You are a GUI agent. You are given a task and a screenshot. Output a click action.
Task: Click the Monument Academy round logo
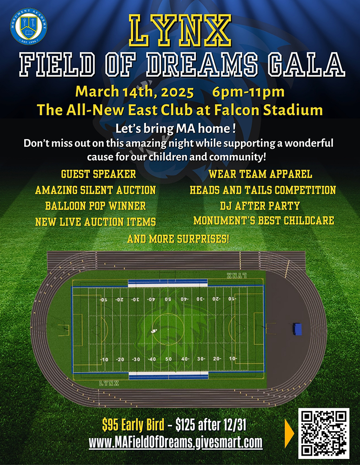tap(28, 27)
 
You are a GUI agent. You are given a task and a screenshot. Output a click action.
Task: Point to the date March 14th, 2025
tap(134, 92)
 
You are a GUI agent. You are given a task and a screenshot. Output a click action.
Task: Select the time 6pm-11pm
tap(248, 92)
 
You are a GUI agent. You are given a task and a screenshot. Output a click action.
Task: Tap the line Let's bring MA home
tap(175, 129)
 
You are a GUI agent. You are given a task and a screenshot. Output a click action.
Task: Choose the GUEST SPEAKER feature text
tap(99, 174)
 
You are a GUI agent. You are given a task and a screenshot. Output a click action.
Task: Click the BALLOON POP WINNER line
tap(95, 206)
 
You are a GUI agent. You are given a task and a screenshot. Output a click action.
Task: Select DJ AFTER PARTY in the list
tap(260, 206)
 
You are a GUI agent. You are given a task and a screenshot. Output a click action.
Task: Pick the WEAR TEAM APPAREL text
tap(260, 174)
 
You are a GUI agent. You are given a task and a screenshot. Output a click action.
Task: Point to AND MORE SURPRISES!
tap(178, 239)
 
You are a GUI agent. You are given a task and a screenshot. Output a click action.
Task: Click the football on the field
tap(154, 331)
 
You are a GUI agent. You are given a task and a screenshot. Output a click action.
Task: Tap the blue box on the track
tap(297, 329)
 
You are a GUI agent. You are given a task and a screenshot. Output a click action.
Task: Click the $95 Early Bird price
tap(133, 425)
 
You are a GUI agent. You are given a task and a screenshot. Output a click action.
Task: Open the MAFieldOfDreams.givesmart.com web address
tap(175, 443)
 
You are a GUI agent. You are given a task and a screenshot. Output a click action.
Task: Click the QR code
tap(324, 433)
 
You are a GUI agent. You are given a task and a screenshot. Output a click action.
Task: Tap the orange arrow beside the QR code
tap(289, 433)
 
